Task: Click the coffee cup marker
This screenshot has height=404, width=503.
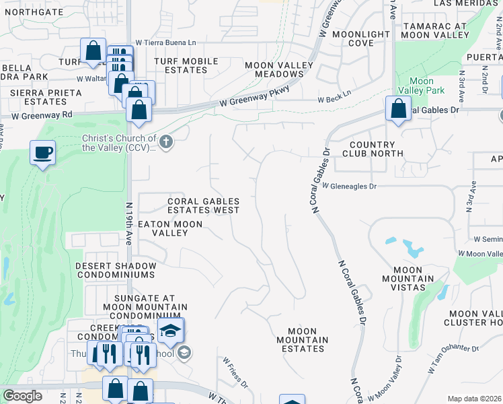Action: [43, 153]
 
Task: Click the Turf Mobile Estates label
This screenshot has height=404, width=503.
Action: [186, 65]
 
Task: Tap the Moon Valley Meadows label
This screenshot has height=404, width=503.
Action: [278, 69]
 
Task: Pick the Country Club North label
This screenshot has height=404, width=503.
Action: [372, 149]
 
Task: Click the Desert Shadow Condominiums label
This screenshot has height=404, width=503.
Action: [116, 271]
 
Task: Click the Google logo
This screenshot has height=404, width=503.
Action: [23, 396]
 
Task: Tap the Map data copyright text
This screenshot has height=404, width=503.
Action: [474, 399]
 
